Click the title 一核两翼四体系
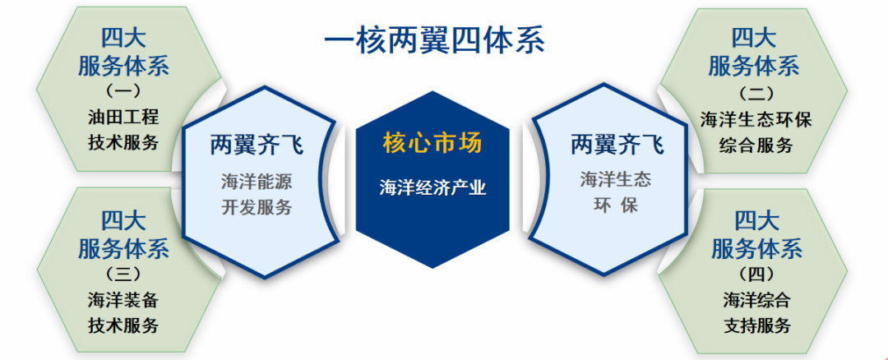point(433,39)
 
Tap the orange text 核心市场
point(432,144)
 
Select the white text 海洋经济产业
point(432,188)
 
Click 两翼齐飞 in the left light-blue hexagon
point(257,145)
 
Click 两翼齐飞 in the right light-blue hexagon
point(617,145)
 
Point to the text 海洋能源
point(257,181)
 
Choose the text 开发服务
point(257,207)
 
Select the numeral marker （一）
point(123,90)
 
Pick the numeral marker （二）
point(756,93)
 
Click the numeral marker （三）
point(123,273)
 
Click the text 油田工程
point(123,116)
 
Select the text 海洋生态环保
point(756,119)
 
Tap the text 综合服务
point(756,145)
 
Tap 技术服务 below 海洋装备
point(123,325)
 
